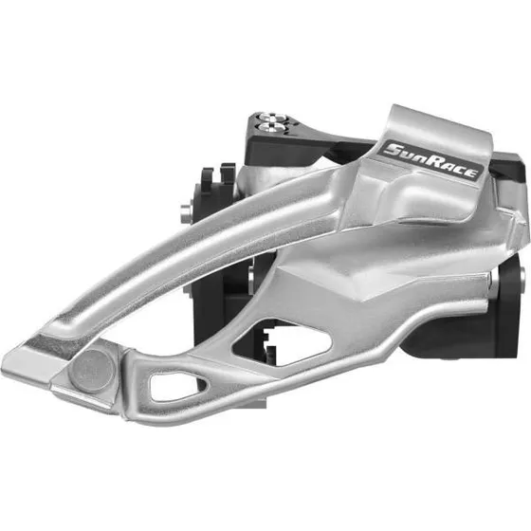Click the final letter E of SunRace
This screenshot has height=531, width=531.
point(473,174)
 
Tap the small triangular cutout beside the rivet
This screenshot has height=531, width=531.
point(176,385)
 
